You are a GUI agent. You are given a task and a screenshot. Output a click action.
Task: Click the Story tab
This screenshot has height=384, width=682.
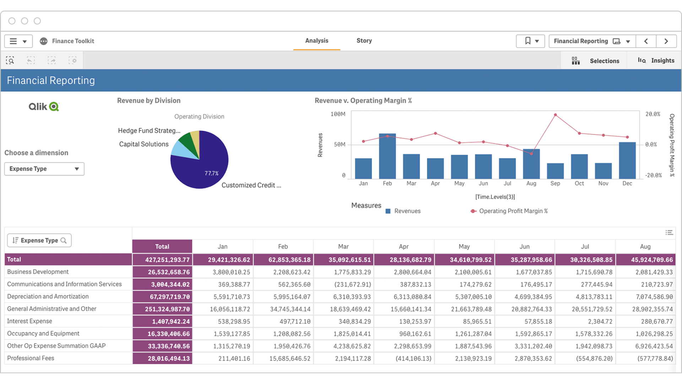pos(364,41)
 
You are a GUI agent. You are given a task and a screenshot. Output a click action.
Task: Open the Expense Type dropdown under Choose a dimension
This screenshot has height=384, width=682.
pos(44,169)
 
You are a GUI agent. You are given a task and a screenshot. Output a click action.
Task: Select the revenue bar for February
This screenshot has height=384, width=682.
pos(387,156)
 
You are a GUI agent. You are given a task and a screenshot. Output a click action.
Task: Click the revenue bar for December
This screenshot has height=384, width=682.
pos(627,161)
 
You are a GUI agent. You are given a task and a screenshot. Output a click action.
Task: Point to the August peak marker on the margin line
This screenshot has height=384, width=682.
pos(555,115)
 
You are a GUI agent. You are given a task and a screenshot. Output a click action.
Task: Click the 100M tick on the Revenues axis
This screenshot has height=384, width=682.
pos(338,114)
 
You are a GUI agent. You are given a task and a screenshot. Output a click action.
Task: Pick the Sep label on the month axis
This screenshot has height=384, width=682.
pos(555,183)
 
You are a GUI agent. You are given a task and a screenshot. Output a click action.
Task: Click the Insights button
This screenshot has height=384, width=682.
pos(656,61)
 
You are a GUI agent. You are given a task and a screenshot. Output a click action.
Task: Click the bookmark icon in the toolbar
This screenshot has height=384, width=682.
pos(527,41)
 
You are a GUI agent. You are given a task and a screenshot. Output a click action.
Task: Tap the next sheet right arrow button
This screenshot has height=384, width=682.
pos(666,41)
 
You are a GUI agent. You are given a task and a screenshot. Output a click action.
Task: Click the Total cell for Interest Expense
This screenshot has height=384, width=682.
pos(163,321)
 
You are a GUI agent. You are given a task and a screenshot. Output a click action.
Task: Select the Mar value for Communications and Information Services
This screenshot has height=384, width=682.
pos(344,284)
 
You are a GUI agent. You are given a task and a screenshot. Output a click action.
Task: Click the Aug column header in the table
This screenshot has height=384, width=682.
pos(645,246)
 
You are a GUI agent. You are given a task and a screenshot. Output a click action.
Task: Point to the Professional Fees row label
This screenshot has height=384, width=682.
pos(31,358)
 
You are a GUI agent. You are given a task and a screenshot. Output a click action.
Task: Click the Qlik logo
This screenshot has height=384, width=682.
pos(44,107)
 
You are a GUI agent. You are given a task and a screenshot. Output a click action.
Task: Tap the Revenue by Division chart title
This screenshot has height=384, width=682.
pos(149,101)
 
